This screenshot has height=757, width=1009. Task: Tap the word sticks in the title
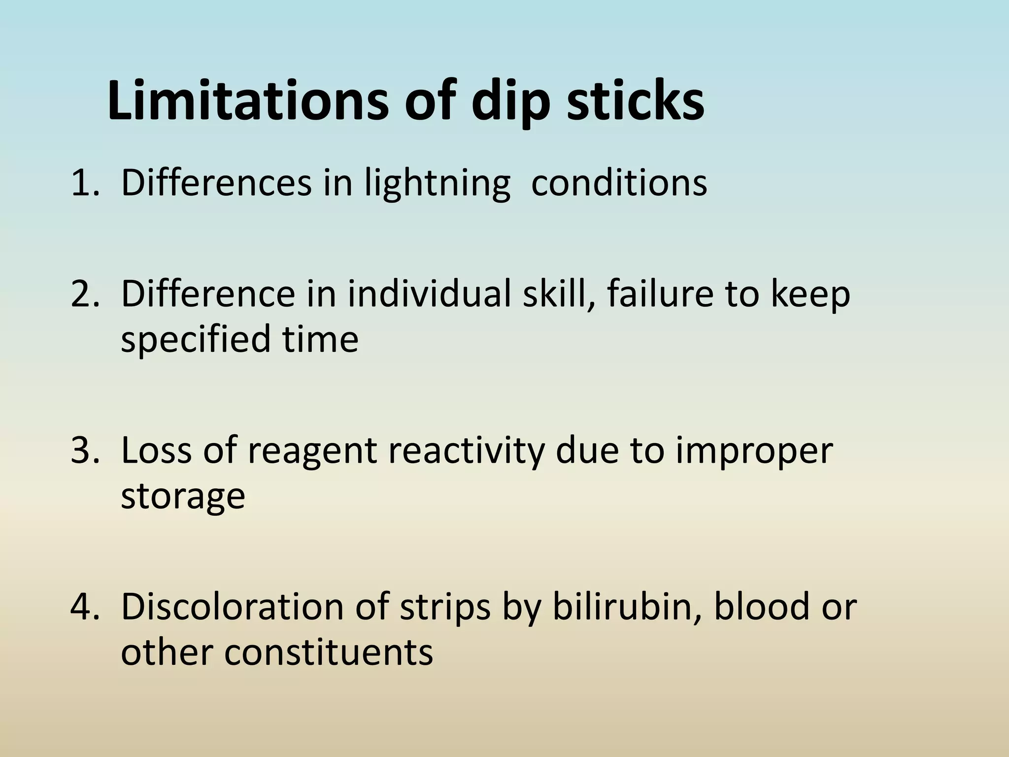pos(636,102)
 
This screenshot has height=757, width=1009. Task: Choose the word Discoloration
pos(232,607)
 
